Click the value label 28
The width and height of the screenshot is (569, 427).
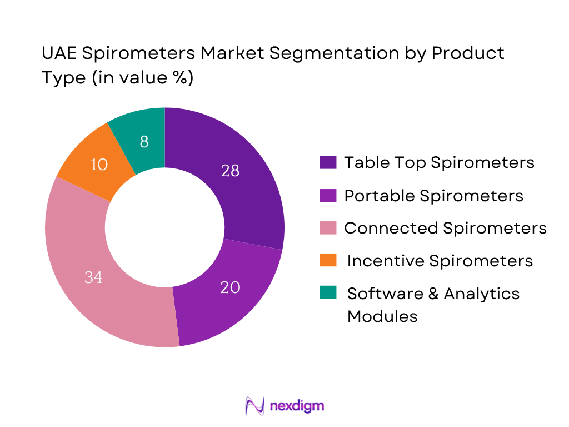click(x=230, y=171)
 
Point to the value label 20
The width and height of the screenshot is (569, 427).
click(x=230, y=287)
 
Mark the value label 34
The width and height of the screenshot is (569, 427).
click(x=93, y=277)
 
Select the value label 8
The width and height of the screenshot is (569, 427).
click(x=144, y=142)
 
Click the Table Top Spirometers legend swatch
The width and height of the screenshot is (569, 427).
click(x=327, y=162)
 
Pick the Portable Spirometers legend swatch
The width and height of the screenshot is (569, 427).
click(x=327, y=196)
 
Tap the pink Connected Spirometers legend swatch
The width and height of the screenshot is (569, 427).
click(x=327, y=228)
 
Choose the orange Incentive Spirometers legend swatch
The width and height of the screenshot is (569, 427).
click(x=327, y=261)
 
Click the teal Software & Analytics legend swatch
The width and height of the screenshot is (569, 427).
click(x=327, y=294)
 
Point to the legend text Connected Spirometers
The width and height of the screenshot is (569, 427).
click(x=445, y=228)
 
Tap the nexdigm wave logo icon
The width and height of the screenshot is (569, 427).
click(x=254, y=405)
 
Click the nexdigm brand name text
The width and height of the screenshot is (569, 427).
click(x=296, y=406)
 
